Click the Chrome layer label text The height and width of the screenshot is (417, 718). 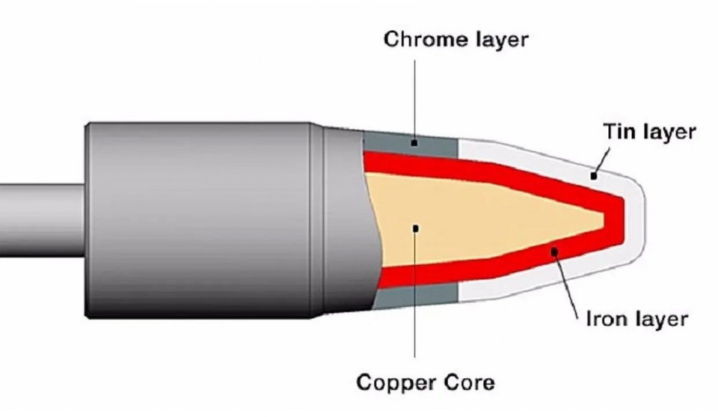(x=454, y=38)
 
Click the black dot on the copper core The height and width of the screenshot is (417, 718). (x=416, y=228)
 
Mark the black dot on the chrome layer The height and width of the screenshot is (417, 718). (x=415, y=143)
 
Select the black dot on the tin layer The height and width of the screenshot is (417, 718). (x=593, y=174)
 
